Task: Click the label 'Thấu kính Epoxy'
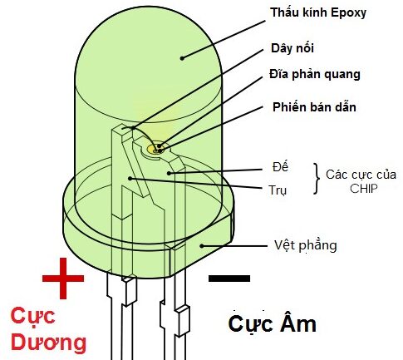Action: click(318, 12)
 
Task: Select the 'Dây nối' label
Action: click(292, 48)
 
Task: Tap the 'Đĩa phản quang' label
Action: click(315, 74)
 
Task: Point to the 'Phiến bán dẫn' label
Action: click(314, 107)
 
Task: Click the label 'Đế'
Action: click(280, 166)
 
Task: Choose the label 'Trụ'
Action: click(278, 190)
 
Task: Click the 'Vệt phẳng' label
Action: click(306, 245)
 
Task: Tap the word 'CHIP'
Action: click(363, 189)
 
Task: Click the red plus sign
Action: click(63, 279)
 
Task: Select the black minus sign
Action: click(229, 279)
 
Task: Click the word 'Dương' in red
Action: click(48, 343)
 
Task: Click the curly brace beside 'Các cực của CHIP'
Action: click(317, 179)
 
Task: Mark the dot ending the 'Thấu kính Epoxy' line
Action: click(182, 58)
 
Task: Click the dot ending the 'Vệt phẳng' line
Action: click(202, 245)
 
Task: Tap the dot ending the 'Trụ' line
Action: click(130, 178)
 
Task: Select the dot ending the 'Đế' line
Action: click(169, 173)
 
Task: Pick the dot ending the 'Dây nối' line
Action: click(134, 128)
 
